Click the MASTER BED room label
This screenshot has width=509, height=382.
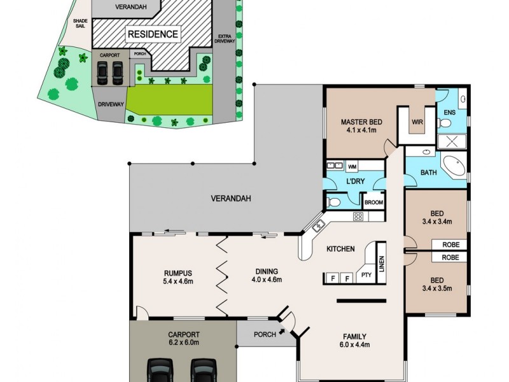360,122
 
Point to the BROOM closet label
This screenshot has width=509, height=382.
373,203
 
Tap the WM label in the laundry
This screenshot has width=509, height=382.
352,167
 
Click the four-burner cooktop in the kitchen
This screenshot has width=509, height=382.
358,216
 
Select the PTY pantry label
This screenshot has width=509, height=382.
366,276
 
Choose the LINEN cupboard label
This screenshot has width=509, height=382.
382,264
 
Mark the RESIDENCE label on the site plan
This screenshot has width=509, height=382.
153,33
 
